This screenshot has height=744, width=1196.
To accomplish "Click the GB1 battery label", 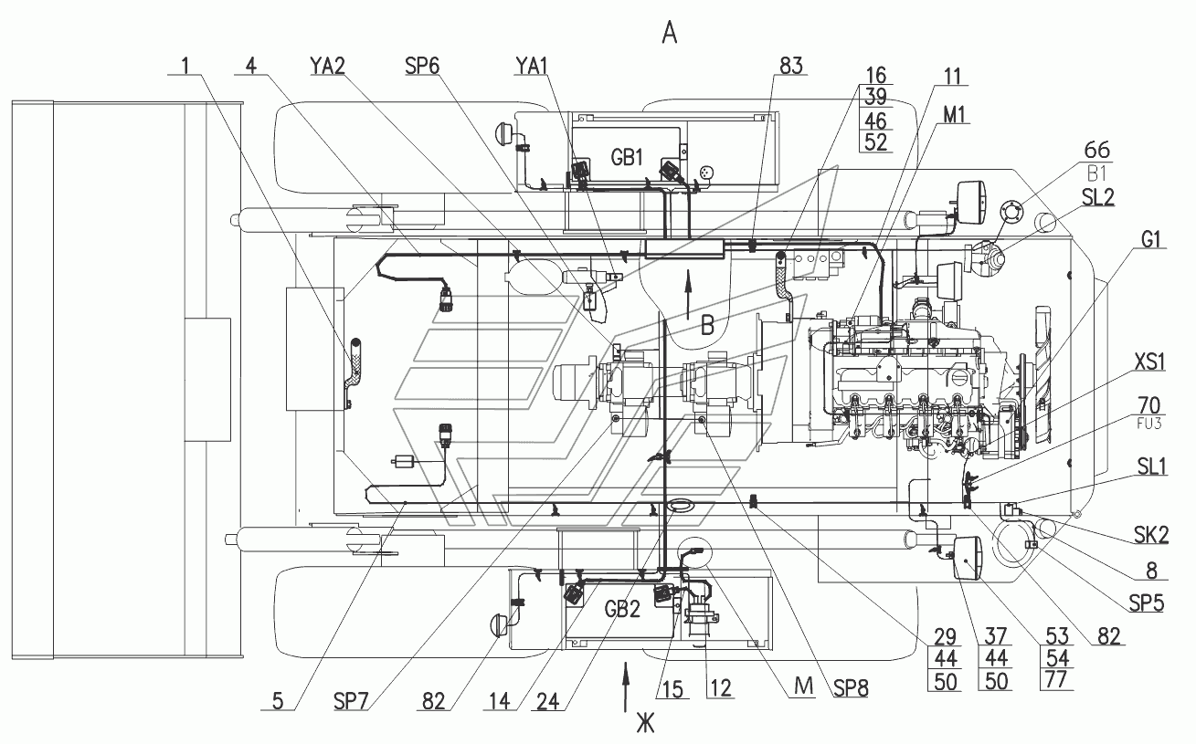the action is point(627,157).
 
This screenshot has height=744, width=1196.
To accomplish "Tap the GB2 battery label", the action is point(622,609).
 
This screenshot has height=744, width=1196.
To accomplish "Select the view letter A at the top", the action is point(670,34).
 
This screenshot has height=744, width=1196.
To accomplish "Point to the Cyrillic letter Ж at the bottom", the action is point(646,724).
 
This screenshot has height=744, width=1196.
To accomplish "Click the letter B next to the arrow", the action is point(707,325).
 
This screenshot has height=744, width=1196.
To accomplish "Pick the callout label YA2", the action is point(327,66).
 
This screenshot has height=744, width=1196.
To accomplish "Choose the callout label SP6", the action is point(422,66).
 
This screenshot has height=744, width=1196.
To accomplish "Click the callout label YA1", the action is point(531,66).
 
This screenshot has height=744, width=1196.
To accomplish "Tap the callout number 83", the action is point(790,66).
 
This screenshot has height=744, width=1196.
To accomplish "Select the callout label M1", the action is point(955,115).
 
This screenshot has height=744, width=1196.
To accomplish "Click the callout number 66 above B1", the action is point(1096,150).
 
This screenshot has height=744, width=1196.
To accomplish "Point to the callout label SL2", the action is point(1097,197).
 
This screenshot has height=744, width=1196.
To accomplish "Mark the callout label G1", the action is point(1150,239).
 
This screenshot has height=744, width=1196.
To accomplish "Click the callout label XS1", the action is point(1148,362).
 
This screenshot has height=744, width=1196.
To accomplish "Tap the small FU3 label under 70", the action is point(1149,424).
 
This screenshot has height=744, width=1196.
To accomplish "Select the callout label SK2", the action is point(1151,534).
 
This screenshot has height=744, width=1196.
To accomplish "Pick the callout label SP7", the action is point(351,702).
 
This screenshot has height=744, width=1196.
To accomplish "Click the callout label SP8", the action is point(851,688).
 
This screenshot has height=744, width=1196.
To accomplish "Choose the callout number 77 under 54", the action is point(1056,680).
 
